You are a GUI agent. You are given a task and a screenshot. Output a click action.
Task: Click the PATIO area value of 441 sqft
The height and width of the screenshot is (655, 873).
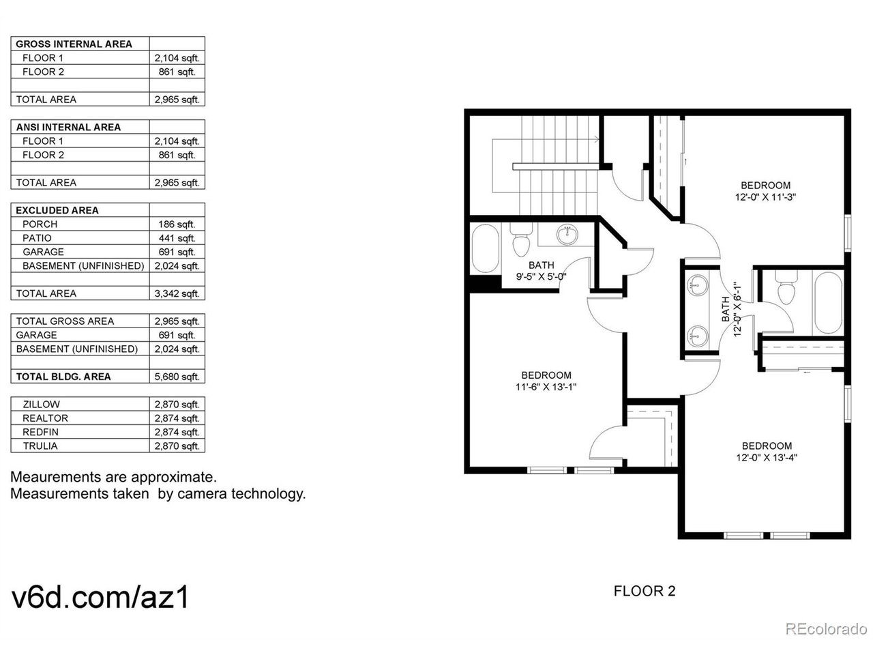pos(177,238)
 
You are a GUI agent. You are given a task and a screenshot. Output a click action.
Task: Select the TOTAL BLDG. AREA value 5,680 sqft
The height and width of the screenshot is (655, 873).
pos(177,377)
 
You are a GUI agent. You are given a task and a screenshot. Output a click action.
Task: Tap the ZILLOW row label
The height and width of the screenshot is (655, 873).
pos(42,405)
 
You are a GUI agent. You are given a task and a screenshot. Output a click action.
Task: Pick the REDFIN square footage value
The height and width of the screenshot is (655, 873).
pos(177,433)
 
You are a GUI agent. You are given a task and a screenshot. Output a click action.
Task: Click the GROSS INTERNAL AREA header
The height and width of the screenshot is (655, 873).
pos(74,44)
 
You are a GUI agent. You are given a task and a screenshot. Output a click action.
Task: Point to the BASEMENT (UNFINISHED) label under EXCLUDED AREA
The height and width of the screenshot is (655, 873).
pos(83,265)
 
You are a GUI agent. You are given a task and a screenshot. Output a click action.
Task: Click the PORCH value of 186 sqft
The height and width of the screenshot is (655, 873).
pos(177,224)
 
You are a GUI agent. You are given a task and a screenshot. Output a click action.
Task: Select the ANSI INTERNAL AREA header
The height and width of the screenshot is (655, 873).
pos(68,128)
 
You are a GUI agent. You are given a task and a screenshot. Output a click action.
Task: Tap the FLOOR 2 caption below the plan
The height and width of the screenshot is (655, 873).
pos(645,591)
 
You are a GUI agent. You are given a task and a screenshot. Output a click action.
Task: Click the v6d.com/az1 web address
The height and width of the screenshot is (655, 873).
pos(100,597)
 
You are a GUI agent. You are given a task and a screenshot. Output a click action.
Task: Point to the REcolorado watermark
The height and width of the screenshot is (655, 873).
pos(826,628)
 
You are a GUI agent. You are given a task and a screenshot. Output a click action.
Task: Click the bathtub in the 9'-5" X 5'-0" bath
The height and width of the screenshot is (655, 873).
pos(485,248)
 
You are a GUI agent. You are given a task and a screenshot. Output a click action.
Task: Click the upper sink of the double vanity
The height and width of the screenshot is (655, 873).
pos(697,286)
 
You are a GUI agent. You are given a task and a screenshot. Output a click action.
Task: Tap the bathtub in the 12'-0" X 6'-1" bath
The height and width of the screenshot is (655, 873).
pos(828,303)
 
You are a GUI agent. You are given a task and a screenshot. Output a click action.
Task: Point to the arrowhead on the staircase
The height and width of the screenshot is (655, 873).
pos(597,139)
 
